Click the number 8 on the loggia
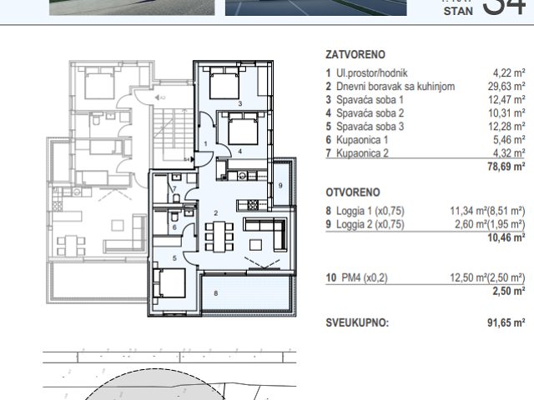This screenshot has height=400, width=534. click(214, 292)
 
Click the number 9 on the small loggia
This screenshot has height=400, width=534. click(281, 184)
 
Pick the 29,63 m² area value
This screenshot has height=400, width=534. click(506, 86)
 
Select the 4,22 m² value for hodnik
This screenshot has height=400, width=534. click(507, 72)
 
